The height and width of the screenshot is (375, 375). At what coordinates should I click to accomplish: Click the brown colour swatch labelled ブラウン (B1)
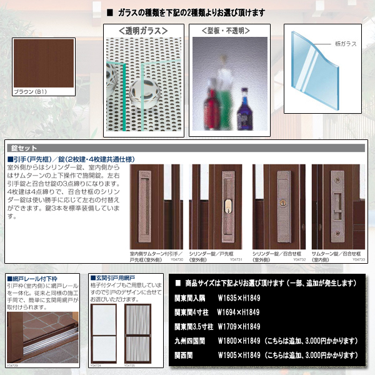[42, 63]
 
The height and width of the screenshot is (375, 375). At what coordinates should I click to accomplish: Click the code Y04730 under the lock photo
[176, 259]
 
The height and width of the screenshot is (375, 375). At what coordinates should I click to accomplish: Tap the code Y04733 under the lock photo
[358, 259]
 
